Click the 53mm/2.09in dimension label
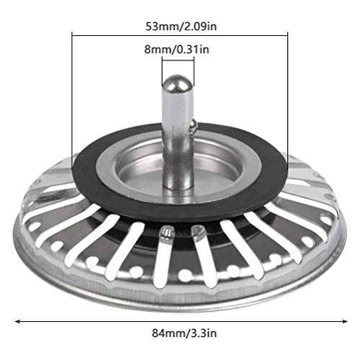(x=181, y=26)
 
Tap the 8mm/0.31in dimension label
(x=176, y=50)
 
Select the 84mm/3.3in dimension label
(x=184, y=333)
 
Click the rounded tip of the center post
(x=178, y=83)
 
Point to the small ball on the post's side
(x=194, y=126)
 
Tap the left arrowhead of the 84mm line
(x=17, y=321)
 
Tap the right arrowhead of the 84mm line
(x=345, y=321)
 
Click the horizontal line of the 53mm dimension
(x=180, y=35)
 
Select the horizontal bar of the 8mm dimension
(x=178, y=60)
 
